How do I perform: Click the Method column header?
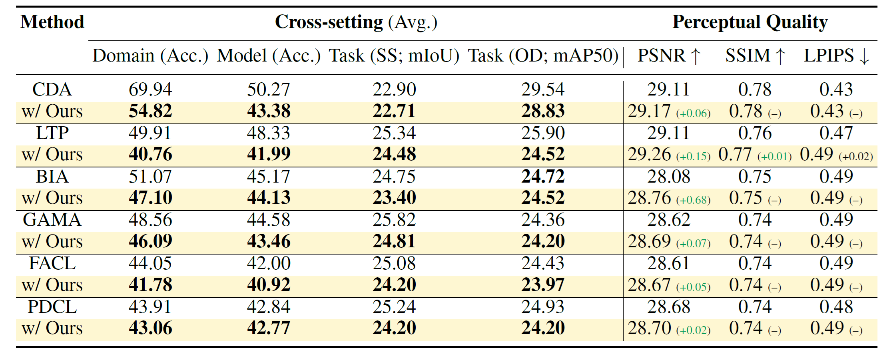[x=52, y=22]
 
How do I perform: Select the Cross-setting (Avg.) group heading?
[x=356, y=22]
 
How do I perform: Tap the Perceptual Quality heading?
[x=749, y=22]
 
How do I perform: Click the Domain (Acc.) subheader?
[x=150, y=56]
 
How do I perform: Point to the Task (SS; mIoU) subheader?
[x=394, y=56]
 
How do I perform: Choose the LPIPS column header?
[x=836, y=56]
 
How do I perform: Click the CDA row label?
[x=52, y=90]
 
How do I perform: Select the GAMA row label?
[x=52, y=220]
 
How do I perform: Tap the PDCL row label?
[x=52, y=307]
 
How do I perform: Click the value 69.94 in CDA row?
[x=150, y=90]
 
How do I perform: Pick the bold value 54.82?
[x=150, y=111]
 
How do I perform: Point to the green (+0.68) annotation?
[x=693, y=200]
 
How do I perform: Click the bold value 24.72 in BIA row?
[x=543, y=176]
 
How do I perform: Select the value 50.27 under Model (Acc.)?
[x=269, y=90]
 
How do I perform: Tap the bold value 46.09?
[x=150, y=241]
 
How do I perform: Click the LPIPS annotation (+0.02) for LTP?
[x=855, y=156]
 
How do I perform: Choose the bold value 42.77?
[x=269, y=328]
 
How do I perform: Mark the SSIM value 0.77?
[x=735, y=155]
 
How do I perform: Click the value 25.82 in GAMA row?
[x=394, y=220]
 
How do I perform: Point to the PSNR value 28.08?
[x=669, y=176]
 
